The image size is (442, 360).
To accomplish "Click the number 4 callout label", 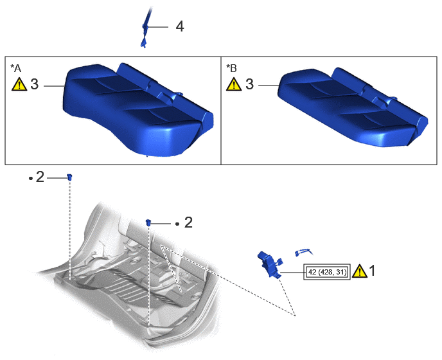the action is point(180,26).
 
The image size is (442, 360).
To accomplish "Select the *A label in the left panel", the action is point(16,68).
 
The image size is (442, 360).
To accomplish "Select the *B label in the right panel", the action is point(231,68).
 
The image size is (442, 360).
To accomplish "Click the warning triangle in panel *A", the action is point(19,84).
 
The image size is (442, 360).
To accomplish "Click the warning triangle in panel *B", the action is point(234,84).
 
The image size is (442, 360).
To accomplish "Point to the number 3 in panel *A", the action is point(35,84).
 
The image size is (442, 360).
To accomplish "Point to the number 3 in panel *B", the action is point(249,84).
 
